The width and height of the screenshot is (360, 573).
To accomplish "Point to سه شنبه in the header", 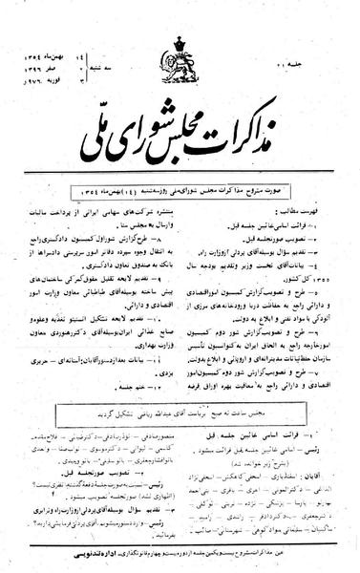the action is [x=105, y=39].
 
